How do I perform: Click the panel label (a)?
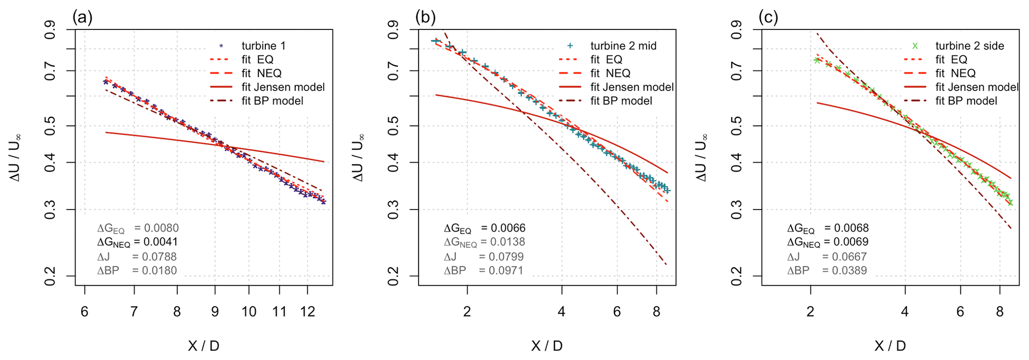[82, 17]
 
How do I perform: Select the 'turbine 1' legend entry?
[263, 46]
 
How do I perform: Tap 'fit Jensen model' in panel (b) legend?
[632, 87]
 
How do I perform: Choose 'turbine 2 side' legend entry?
[969, 46]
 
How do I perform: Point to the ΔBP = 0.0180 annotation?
[137, 271]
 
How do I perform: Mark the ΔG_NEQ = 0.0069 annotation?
[827, 242]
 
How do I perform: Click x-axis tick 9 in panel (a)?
[215, 312]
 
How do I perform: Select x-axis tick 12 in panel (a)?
[308, 312]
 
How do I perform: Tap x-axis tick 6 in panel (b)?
[617, 312]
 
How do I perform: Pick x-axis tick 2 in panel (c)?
[810, 312]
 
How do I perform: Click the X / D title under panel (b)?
[547, 346]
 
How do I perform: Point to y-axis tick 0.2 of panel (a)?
[50, 276]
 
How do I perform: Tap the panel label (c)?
[768, 17]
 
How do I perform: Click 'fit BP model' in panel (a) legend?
[272, 101]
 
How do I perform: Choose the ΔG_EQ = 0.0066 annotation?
[484, 229]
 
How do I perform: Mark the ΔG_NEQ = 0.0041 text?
[137, 242]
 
